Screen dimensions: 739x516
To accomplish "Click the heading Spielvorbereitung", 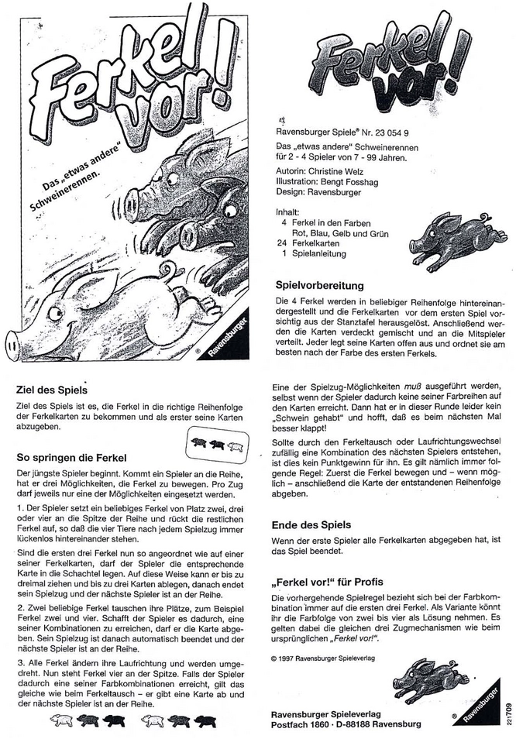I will point(321,284).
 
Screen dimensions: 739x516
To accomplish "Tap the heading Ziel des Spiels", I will point(51,390).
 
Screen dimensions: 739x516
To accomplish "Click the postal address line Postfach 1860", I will point(299,724).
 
